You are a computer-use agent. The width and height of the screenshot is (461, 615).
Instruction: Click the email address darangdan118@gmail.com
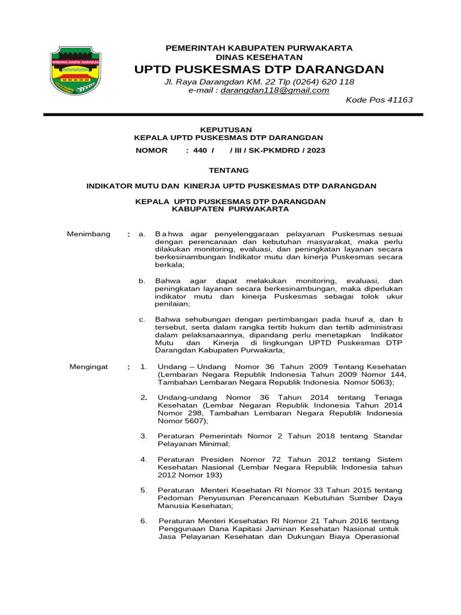(275, 90)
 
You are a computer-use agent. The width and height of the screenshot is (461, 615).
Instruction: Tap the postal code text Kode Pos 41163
(379, 100)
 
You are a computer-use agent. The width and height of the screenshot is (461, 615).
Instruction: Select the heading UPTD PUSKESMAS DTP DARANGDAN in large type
(259, 70)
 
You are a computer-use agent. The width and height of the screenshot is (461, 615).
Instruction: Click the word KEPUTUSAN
(225, 129)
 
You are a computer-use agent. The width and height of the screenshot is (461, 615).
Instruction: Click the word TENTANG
(228, 171)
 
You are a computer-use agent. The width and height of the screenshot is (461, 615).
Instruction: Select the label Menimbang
(88, 234)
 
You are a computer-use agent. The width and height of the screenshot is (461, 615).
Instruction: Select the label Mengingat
(88, 366)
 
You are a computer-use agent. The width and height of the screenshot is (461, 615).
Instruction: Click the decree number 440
(200, 150)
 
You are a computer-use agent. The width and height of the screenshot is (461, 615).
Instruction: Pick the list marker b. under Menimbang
(142, 281)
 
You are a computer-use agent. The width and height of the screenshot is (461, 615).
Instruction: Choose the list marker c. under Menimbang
(142, 320)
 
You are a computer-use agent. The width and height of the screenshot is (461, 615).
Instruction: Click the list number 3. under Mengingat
(143, 435)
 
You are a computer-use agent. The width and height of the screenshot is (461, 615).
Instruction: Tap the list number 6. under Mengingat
(143, 521)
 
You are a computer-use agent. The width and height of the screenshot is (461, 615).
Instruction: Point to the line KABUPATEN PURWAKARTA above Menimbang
(230, 210)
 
